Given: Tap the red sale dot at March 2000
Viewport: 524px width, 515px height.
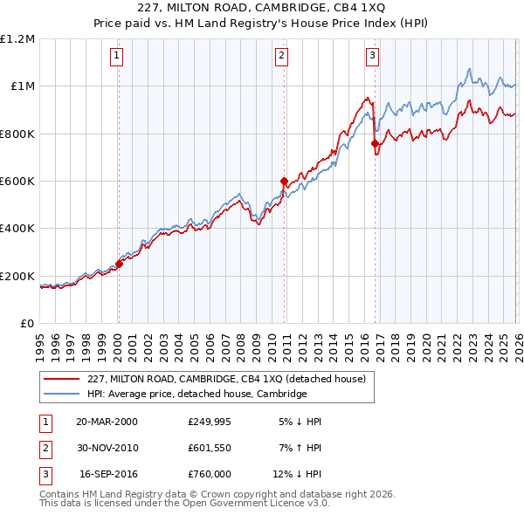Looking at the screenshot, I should pos(119,264).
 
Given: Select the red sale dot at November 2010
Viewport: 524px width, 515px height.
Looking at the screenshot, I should pos(284,182).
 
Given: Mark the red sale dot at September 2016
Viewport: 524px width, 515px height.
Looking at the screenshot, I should pos(375,144).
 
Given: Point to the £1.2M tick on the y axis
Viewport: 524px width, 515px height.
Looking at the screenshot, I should pos(17,39).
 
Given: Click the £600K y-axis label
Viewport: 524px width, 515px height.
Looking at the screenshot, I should pos(17,182).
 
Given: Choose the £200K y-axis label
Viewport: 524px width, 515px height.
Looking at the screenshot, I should pos(17,276).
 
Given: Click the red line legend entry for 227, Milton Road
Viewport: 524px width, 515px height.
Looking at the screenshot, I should pos(231,379).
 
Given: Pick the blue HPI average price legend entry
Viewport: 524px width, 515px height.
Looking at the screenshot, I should pos(196,394).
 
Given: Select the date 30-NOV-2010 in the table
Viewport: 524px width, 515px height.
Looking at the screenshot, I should pos(107,449).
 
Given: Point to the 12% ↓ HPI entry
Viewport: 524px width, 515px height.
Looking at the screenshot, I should pos(300,476).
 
